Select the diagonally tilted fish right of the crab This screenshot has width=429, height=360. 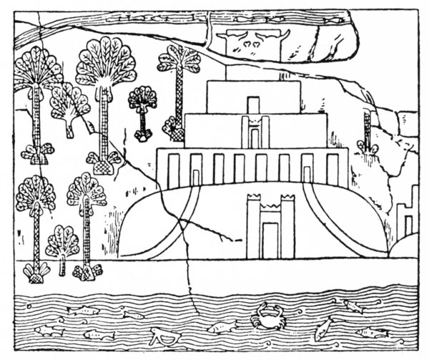323,328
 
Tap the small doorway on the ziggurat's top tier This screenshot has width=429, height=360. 252,104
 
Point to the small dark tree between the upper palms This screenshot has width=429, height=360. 142,100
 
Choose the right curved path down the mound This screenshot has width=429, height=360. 322,215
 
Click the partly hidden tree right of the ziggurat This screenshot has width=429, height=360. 368,132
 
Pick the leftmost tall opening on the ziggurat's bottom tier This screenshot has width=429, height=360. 174,169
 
